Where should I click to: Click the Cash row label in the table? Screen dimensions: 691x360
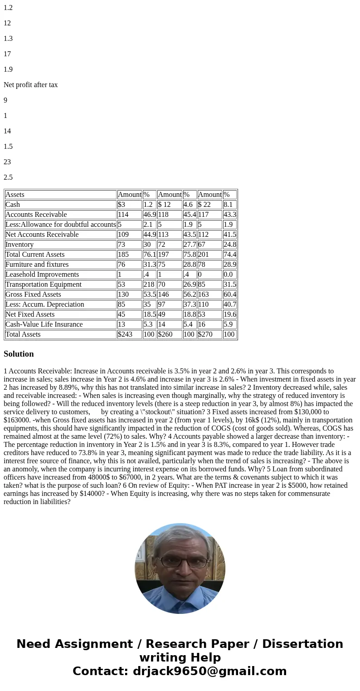click(13, 205)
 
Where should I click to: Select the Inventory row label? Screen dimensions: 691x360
click(19, 245)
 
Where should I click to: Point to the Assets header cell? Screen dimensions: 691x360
click(15, 195)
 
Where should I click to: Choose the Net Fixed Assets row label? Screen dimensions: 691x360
click(30, 314)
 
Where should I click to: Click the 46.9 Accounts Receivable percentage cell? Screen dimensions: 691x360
click(149, 215)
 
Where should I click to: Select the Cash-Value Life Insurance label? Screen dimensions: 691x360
click(44, 324)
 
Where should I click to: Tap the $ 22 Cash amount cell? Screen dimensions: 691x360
click(204, 205)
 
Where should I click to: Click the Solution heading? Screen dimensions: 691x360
click(19, 354)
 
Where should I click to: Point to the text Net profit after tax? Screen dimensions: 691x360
click(31, 85)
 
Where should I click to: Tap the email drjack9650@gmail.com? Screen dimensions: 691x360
click(209, 671)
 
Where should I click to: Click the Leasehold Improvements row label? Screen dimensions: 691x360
click(42, 274)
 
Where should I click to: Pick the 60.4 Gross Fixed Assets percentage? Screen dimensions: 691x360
click(229, 294)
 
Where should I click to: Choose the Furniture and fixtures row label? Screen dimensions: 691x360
click(37, 265)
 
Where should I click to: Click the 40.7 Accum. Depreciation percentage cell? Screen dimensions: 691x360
click(229, 304)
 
